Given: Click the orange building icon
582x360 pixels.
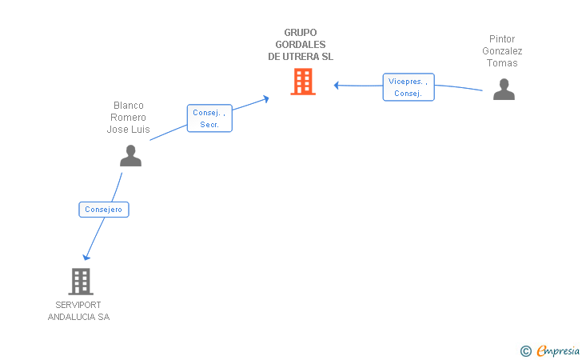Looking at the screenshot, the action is pos(303,82).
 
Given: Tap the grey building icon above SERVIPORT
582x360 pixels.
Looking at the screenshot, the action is pos(81,282).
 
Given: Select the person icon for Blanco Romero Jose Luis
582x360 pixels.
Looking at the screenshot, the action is pos(130,156).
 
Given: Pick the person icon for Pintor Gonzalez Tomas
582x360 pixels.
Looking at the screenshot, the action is pos(504,89).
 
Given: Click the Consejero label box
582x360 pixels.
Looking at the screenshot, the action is pos(104,210).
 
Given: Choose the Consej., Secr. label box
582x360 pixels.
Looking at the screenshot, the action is pos(209,118).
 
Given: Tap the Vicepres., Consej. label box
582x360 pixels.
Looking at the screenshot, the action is pos(409,87).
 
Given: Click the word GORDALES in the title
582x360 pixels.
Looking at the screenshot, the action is pos(301,45).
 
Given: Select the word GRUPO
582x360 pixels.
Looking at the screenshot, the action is pos(301,33).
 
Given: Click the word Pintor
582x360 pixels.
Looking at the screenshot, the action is pos(502,39).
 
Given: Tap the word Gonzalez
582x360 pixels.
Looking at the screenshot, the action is pos(502,51).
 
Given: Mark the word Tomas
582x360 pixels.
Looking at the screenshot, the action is pos(502,62).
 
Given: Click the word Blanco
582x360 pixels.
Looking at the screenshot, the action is pos(129,106).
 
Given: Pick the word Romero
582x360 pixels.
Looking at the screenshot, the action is pos(128,118).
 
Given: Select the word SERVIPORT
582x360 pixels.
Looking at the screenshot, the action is pos(78,305).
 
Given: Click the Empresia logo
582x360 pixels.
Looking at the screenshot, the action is pos(550,350).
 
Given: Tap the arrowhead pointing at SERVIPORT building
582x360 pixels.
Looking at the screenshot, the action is pos(86,257).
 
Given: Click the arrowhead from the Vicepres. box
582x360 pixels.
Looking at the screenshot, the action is pos(337,86).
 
